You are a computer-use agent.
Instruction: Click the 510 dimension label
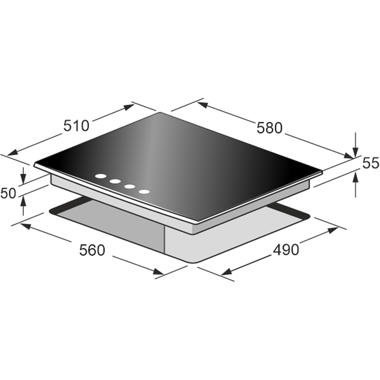[x=76, y=126]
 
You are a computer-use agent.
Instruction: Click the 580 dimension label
[x=269, y=128]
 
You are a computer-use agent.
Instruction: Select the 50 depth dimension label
[x=8, y=193]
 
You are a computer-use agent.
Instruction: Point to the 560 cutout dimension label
[x=92, y=250]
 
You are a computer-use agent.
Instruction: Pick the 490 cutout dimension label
[x=286, y=250]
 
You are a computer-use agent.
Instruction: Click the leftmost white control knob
[x=100, y=176]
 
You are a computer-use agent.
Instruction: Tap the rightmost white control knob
[x=144, y=192]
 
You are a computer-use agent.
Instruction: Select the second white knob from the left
[x=115, y=181]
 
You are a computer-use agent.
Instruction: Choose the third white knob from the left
[x=130, y=187]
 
